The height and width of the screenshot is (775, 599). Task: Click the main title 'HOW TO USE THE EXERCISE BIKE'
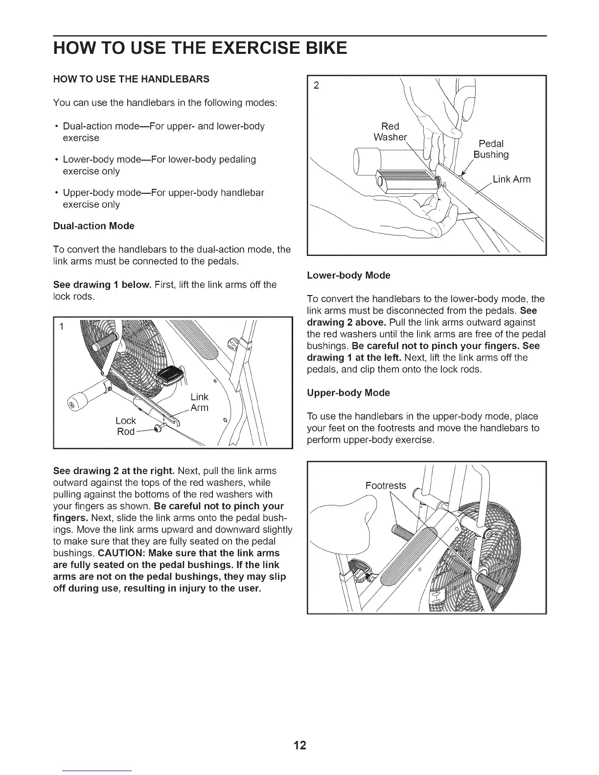pyautogui.click(x=200, y=48)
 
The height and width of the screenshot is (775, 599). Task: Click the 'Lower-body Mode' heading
pyautogui.click(x=348, y=275)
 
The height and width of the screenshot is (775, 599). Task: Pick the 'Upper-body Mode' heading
pyautogui.click(x=348, y=393)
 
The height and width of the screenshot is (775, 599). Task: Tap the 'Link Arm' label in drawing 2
pyautogui.click(x=511, y=180)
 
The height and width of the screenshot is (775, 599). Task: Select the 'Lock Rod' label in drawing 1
pyautogui.click(x=125, y=426)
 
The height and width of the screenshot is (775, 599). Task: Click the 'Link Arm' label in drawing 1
pyautogui.click(x=199, y=402)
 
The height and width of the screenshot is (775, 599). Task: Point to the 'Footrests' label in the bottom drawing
pyautogui.click(x=386, y=485)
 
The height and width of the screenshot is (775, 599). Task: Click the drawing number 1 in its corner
pyautogui.click(x=62, y=327)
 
